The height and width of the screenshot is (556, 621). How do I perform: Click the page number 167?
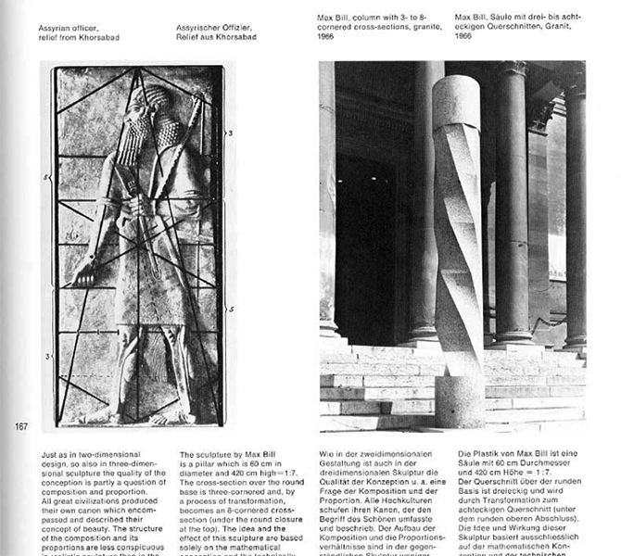pyautogui.click(x=20, y=426)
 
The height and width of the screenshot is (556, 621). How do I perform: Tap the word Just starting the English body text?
pyautogui.click(x=51, y=455)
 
